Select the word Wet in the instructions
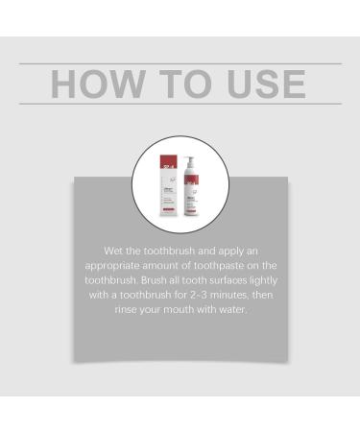(x=115, y=250)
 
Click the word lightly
(x=269, y=279)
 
